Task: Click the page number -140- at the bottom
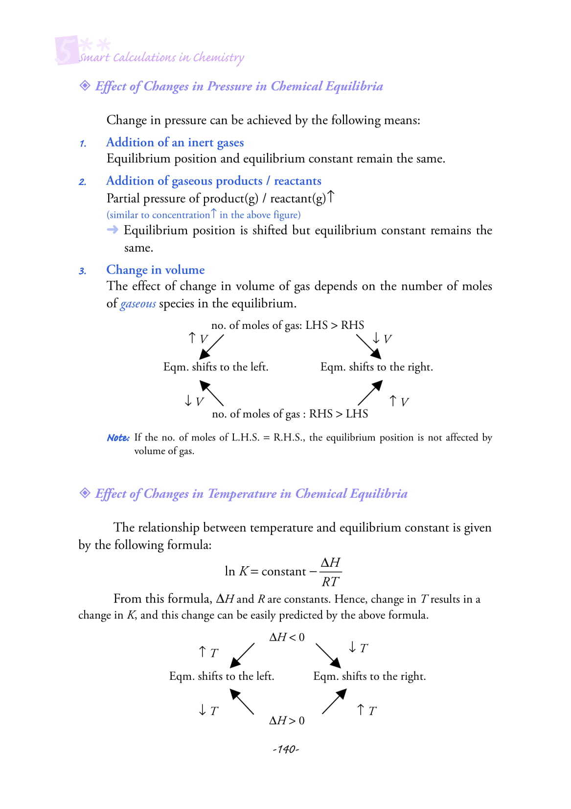coord(286,749)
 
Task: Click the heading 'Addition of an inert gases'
coord(175,142)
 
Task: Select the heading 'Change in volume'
coord(155,270)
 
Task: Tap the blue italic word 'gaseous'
coord(138,304)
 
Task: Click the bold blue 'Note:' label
coord(118,438)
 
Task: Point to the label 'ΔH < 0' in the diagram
coord(287,637)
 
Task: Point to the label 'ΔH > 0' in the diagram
coord(287,720)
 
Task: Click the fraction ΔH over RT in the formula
coord(330,572)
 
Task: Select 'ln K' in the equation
coord(236,571)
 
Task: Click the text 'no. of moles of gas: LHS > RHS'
coord(288,325)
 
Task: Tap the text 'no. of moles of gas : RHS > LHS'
coord(290,414)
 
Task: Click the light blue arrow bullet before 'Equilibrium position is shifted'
coord(113,230)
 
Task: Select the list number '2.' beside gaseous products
coord(83,182)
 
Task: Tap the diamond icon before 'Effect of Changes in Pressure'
coord(85,86)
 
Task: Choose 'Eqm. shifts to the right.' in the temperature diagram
coord(369,676)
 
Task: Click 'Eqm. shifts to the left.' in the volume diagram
coord(216,367)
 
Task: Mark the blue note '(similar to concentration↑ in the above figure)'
coord(204,215)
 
